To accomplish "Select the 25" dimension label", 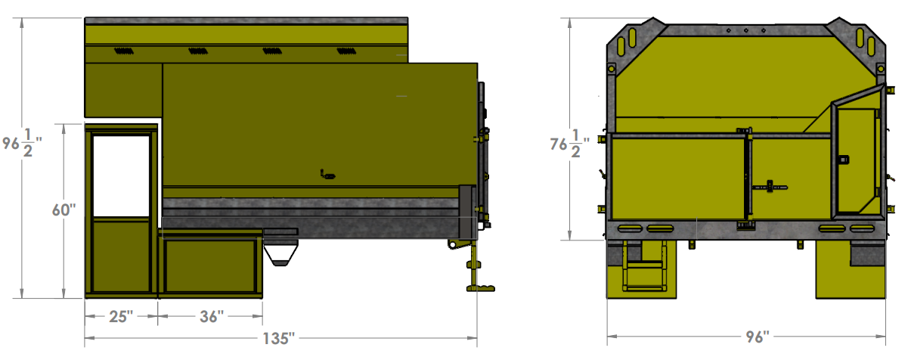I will pyautogui.click(x=119, y=316).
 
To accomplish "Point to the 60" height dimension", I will pyautogui.click(x=64, y=210).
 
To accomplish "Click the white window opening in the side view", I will pyautogui.click(x=121, y=175).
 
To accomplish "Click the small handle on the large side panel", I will pyautogui.click(x=327, y=175).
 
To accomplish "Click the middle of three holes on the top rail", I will pyautogui.click(x=746, y=31).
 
